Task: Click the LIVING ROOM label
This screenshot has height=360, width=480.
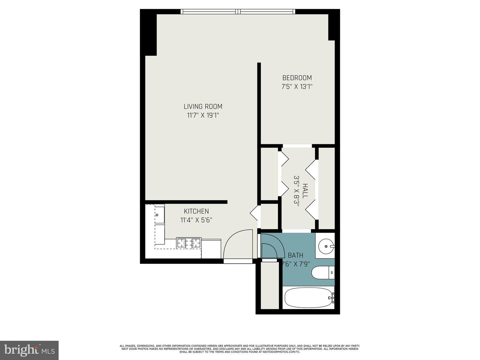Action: click(x=203, y=107)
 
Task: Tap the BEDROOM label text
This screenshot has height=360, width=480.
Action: click(x=297, y=78)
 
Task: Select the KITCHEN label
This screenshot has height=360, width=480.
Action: click(x=196, y=211)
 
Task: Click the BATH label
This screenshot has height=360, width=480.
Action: click(x=295, y=255)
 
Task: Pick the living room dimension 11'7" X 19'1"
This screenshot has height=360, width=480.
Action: click(x=203, y=116)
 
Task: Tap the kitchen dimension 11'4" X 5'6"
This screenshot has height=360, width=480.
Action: click(x=196, y=220)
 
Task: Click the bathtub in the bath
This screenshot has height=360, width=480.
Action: click(x=308, y=298)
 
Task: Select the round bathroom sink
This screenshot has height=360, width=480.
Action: click(x=325, y=247)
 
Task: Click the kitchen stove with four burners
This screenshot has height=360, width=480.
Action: click(x=189, y=243)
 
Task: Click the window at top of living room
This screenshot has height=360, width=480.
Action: click(x=238, y=12)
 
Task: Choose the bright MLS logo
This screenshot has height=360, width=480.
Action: click(x=29, y=350)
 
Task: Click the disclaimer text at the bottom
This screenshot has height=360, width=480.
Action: click(x=240, y=349)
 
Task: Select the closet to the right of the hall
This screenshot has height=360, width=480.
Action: click(x=327, y=188)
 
